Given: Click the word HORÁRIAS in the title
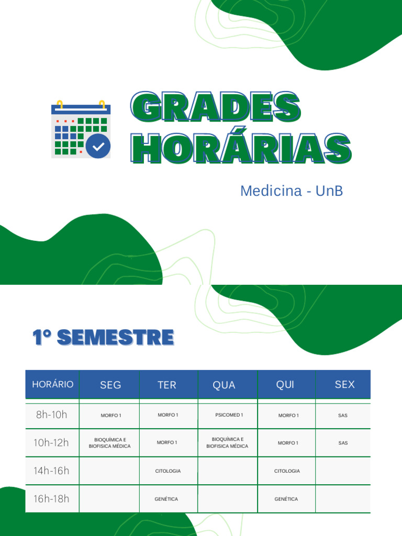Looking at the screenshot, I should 241,148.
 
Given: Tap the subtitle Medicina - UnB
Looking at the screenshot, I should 292,191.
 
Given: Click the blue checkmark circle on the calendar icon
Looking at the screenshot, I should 98,146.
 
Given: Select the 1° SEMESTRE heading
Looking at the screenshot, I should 103,338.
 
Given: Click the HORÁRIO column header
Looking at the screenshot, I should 52,384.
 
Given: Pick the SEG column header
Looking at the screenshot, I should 110,385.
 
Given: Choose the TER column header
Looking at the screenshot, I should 167,385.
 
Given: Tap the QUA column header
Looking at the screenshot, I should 224,385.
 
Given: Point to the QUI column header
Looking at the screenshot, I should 285,385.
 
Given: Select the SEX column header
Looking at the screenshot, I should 344,385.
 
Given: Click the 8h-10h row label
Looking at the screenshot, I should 52,415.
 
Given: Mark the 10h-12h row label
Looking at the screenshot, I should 51,443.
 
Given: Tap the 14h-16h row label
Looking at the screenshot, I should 51,471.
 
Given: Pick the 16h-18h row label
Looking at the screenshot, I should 51,499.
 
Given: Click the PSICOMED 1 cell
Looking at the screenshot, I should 229,415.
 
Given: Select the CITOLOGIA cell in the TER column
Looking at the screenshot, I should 168,471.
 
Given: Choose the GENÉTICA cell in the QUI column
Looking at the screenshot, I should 286,499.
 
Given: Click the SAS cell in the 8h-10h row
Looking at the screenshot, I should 343,416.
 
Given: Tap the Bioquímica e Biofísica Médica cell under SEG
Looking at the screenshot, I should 110,443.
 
